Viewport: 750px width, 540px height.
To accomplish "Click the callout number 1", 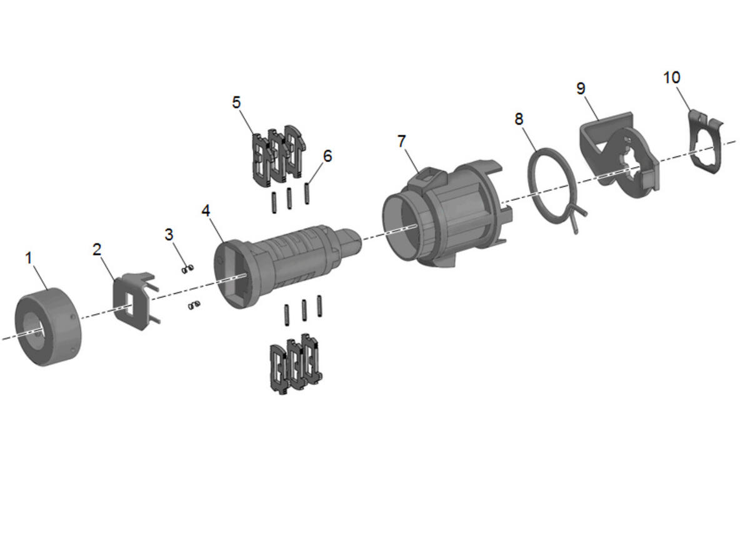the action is (29, 258).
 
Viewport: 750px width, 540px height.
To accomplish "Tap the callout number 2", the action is (97, 250).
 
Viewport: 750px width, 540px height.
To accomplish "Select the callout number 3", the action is (169, 235).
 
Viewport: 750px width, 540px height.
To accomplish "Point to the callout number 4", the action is (206, 210).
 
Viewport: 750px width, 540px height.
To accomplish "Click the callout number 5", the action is (236, 102).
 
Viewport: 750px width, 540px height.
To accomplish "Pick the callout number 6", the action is (327, 156).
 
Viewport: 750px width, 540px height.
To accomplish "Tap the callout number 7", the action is (402, 141).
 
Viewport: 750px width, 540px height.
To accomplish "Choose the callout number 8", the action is (519, 119).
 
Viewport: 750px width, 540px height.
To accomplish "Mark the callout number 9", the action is (581, 88).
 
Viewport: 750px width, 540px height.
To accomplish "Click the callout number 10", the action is (672, 78).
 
